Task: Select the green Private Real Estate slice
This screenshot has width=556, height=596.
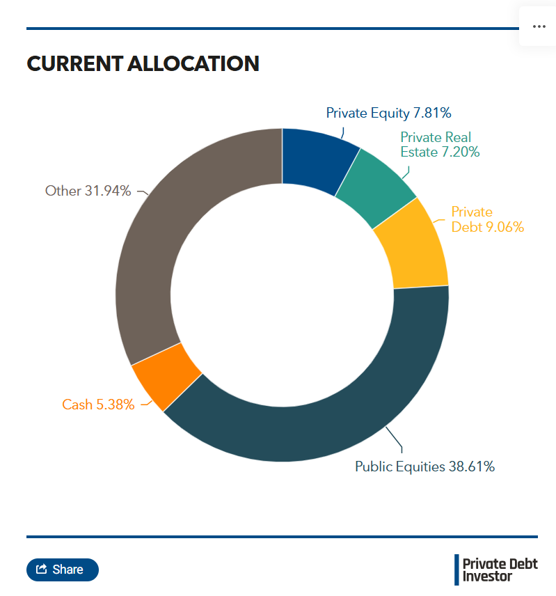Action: [376, 185]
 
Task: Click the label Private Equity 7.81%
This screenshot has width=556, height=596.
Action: [389, 113]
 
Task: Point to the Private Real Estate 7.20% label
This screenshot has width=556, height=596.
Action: [439, 145]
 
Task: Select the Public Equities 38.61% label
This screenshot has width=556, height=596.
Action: [424, 466]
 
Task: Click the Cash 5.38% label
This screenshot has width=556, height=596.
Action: [98, 405]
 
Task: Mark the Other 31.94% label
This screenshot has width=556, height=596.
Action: [88, 191]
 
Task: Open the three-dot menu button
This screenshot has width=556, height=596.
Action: [539, 26]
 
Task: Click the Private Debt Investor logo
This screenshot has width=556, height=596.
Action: [496, 570]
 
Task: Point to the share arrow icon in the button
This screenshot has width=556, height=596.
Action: [41, 570]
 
